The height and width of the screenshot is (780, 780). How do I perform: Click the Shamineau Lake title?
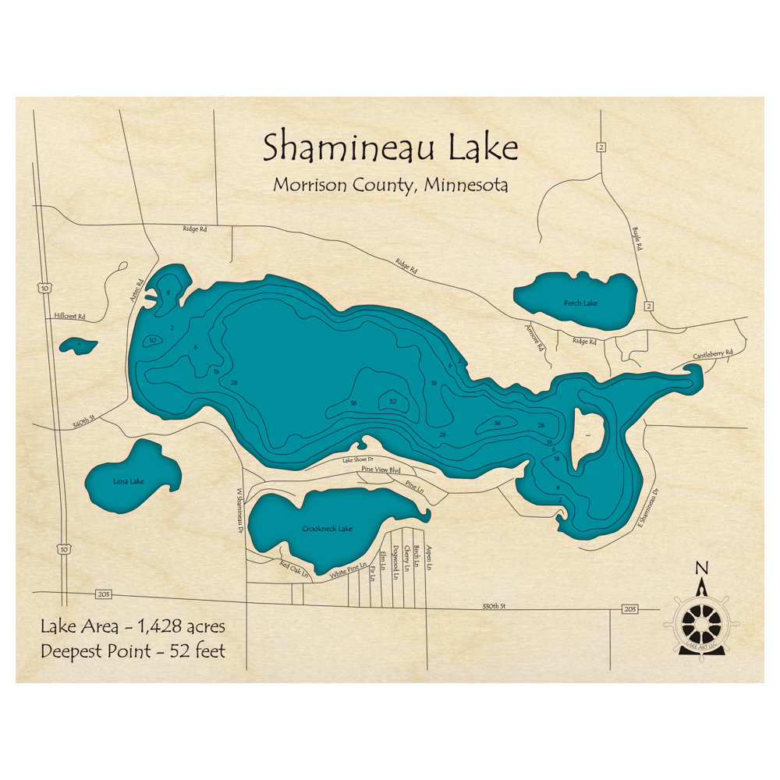point(390,147)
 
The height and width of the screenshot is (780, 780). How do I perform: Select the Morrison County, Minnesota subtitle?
point(390,186)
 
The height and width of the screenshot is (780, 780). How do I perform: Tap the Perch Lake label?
point(580,303)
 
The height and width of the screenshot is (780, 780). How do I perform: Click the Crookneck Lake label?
point(327,529)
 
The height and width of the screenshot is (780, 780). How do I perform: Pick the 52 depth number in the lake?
point(392,402)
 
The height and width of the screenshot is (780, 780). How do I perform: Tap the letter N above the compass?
point(702,568)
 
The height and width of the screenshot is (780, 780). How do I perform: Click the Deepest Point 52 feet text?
point(133,651)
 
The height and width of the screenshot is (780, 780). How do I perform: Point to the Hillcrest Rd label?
point(69,317)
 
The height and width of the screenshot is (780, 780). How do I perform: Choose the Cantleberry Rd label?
point(713,354)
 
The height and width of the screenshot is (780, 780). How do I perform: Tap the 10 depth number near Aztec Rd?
point(153,340)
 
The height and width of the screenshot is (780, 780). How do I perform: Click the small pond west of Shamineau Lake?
point(79,344)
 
